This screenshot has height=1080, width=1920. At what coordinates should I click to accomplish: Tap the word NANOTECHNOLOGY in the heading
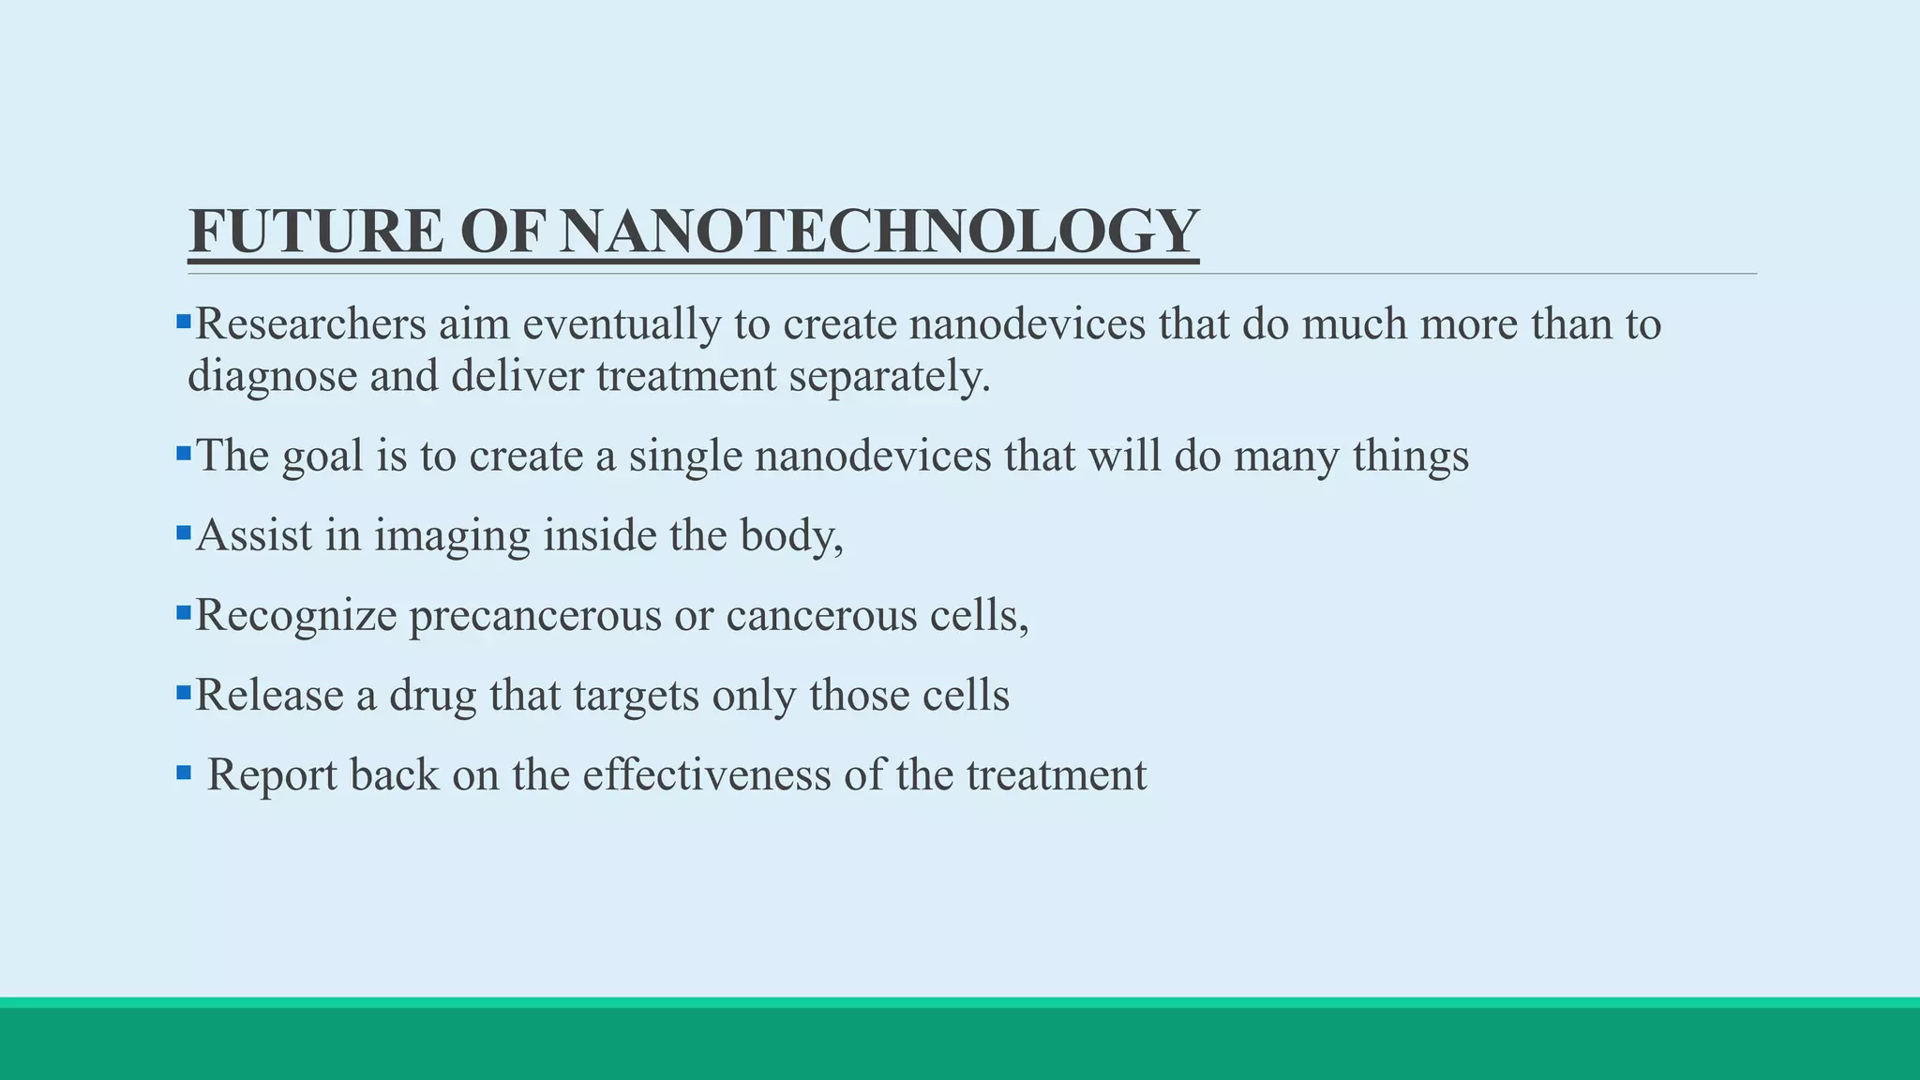point(878,232)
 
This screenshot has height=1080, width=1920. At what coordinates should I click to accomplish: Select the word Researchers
point(310,324)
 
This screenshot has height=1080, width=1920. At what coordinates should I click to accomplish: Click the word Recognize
point(295,616)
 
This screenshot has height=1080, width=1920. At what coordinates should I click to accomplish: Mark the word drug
point(432,696)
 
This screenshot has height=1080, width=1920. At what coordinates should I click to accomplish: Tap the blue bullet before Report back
point(184,773)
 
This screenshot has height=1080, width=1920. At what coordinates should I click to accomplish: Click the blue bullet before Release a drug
point(184,694)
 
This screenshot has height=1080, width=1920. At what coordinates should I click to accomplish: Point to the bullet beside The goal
point(184,455)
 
